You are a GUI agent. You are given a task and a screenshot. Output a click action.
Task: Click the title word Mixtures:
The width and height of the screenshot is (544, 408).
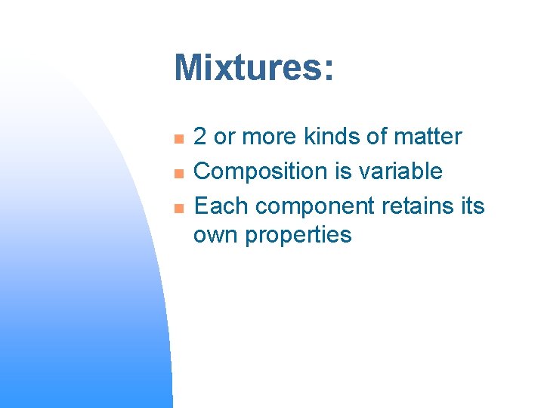click(x=253, y=68)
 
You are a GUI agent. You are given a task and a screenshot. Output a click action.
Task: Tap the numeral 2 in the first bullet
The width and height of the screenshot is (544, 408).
click(x=201, y=137)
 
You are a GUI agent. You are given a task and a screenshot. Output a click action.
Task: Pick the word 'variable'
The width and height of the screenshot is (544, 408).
click(x=402, y=171)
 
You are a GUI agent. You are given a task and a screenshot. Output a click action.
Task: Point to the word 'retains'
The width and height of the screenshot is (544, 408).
click(x=418, y=206)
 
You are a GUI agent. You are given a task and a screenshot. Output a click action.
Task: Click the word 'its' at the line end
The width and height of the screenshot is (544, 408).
click(x=472, y=206)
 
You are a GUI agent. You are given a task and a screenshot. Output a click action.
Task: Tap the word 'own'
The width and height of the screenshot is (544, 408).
click(x=215, y=235)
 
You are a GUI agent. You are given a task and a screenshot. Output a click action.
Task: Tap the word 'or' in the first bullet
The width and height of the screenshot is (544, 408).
click(x=224, y=137)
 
